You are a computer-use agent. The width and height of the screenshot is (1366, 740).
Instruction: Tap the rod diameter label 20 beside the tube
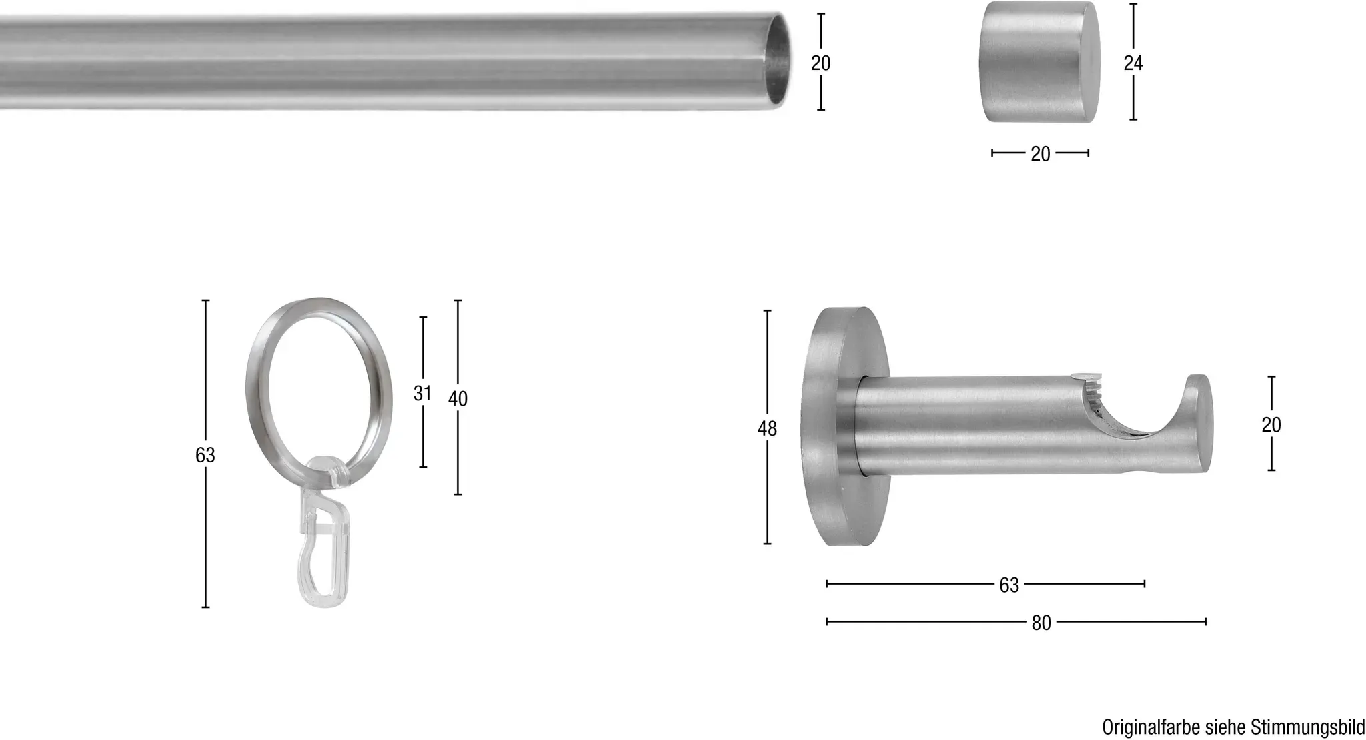coord(820,63)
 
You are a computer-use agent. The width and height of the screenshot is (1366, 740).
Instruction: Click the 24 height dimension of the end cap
coord(1133,63)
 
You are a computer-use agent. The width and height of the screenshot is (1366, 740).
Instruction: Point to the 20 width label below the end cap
coord(1040,154)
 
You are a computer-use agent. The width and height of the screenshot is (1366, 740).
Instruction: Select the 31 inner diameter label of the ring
coord(422,394)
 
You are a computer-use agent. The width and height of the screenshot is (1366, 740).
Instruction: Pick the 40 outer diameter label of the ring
coord(458,398)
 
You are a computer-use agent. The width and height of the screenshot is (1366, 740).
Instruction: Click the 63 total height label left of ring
coord(205,454)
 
